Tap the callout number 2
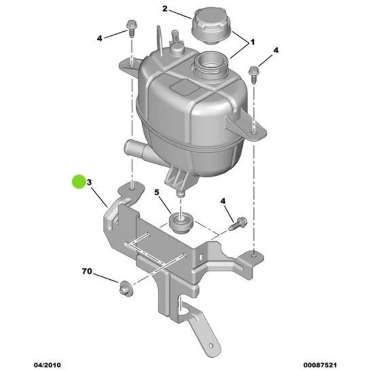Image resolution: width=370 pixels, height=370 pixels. pyautogui.click(x=165, y=9)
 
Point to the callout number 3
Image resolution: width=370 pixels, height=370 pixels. pyautogui.click(x=90, y=183)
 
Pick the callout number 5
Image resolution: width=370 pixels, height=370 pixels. pyautogui.click(x=156, y=192)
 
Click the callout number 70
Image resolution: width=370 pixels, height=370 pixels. pyautogui.click(x=87, y=271)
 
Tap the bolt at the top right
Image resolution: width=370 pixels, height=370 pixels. pyautogui.click(x=254, y=72)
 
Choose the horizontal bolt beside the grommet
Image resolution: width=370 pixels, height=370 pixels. pyautogui.click(x=238, y=223)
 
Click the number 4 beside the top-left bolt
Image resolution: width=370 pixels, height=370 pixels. pyautogui.click(x=99, y=38)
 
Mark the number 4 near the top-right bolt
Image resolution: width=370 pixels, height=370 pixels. pyautogui.click(x=276, y=51)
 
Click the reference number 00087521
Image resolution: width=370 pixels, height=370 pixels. pyautogui.click(x=319, y=364)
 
